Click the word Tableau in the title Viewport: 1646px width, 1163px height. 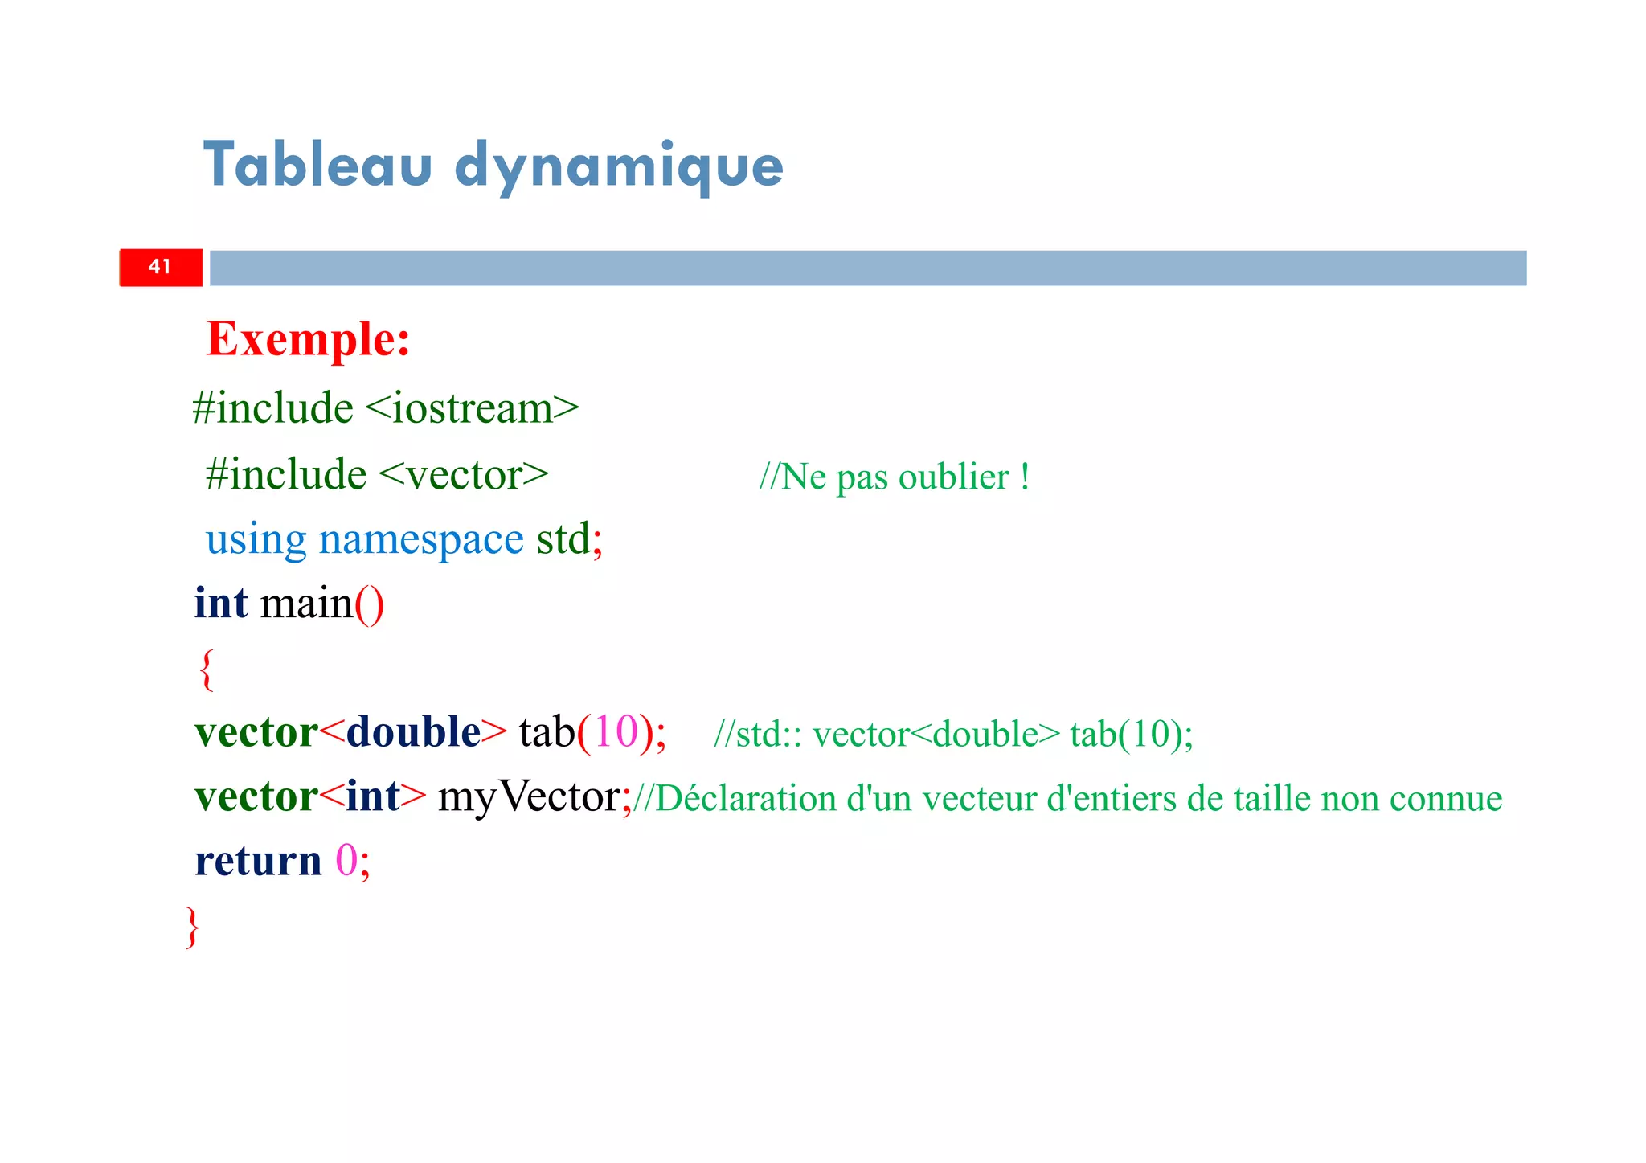317,165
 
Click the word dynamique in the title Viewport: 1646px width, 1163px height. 618,166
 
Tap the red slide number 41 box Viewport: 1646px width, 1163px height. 161,268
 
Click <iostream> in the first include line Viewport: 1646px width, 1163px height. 472,408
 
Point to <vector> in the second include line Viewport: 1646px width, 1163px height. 464,475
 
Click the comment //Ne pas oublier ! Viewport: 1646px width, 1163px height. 894,477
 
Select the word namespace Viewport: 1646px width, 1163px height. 421,539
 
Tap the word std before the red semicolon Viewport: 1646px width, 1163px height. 563,539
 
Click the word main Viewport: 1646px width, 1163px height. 306,604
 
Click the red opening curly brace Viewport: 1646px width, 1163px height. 207,670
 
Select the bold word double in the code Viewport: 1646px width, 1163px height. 413,732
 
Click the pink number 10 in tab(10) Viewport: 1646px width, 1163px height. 616,732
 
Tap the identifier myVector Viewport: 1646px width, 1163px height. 528,797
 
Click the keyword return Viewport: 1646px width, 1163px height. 257,861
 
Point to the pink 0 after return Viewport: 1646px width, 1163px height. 346,861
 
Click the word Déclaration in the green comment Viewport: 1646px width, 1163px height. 746,799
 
